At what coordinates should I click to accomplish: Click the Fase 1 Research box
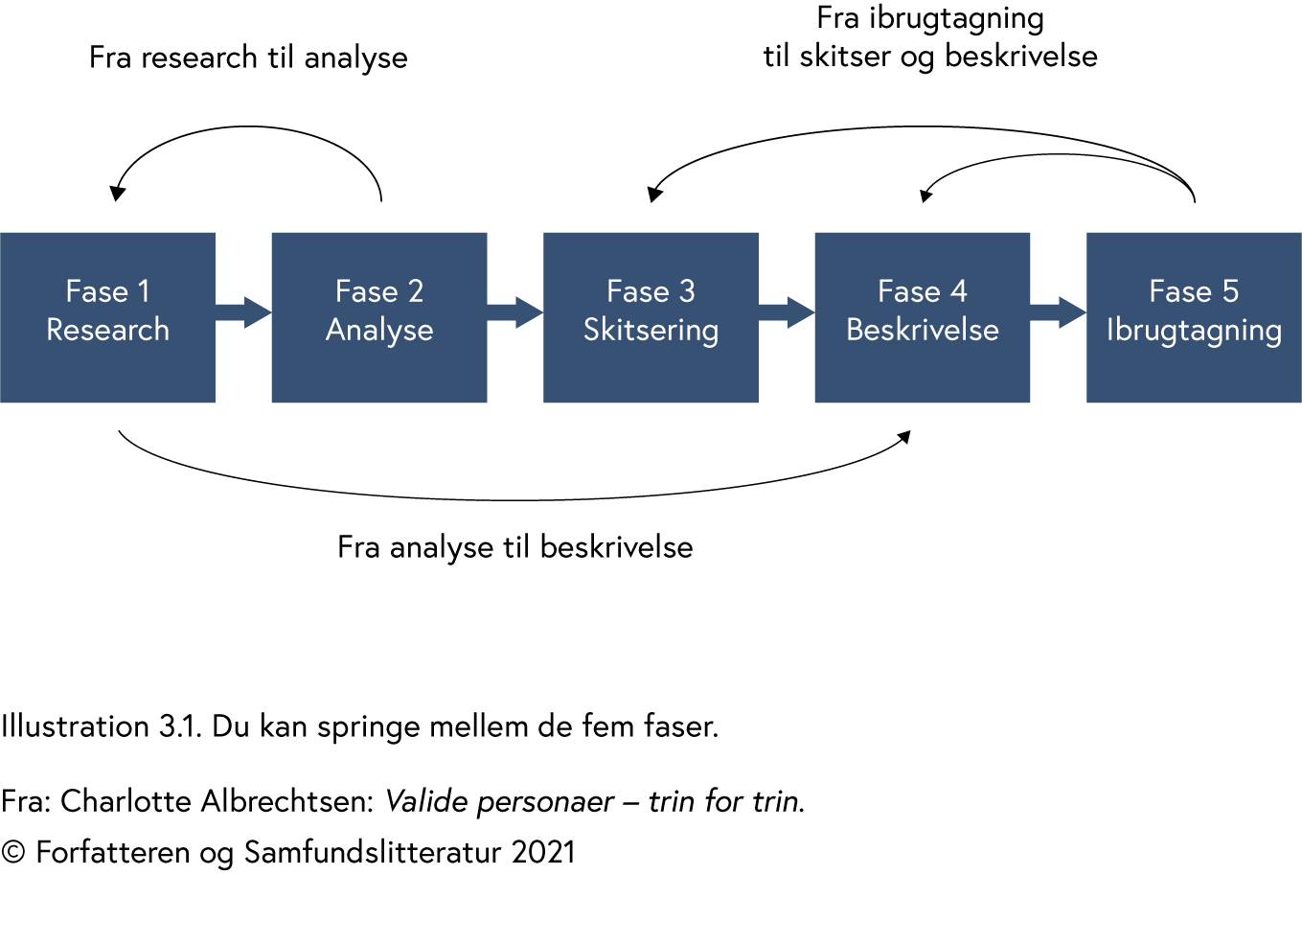107,317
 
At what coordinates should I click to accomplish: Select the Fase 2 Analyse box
379,317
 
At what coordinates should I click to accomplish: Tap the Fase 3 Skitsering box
651,317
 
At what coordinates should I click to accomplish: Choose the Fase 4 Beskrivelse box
922,317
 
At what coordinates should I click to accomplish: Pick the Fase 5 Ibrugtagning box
1194,317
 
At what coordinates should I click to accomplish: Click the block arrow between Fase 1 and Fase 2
245,312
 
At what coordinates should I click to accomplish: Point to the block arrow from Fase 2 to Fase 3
516,312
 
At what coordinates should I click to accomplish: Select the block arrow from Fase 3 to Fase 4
788,312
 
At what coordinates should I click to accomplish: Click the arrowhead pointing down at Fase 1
117,194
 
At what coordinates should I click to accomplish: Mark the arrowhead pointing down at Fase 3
654,195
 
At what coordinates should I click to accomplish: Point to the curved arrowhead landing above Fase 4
925,196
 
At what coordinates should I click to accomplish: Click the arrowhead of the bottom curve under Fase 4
903,438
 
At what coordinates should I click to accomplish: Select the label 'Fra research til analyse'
248,58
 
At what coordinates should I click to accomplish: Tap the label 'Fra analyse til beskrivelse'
514,547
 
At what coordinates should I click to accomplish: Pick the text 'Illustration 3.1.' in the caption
101,726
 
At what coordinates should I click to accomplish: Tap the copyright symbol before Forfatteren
13,852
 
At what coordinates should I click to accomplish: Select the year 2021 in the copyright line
543,852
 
